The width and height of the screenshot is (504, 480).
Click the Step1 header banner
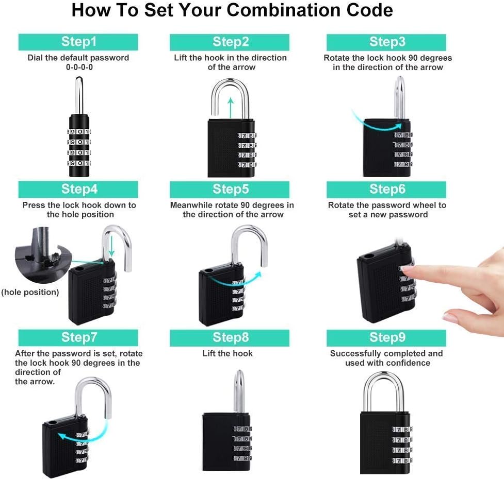(78, 42)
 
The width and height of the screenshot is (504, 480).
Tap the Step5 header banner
(230, 189)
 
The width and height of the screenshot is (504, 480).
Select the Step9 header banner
(386, 337)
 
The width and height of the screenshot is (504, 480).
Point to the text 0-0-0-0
(78, 67)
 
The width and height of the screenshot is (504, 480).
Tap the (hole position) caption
(30, 293)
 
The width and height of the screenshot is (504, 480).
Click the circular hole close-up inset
(39, 255)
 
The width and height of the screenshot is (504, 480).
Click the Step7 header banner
(78, 337)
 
